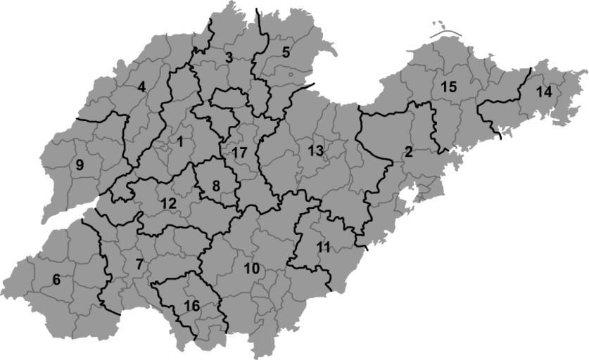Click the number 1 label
click(180, 141)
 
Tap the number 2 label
click(407, 152)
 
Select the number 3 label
click(229, 58)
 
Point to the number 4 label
click(142, 87)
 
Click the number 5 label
click(286, 52)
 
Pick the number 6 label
click(56, 280)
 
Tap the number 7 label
click(139, 265)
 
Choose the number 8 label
click(216, 185)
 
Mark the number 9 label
click(80, 166)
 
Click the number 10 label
click(251, 269)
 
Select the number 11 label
click(323, 247)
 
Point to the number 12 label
click(169, 203)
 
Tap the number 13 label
click(315, 150)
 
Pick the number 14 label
click(543, 92)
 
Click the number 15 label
click(448, 87)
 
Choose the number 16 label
click(191, 306)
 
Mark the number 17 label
click(239, 153)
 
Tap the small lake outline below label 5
click(290, 72)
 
